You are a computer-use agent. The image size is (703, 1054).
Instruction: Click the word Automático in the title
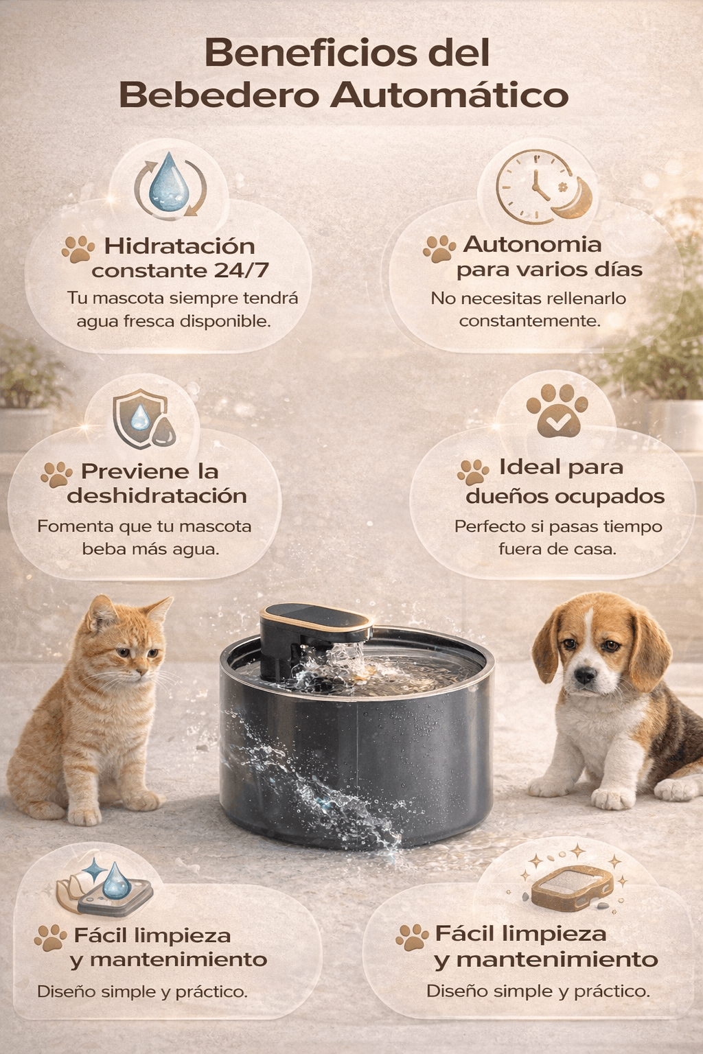[x=449, y=95]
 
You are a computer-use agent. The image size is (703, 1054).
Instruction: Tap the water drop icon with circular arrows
[x=170, y=185]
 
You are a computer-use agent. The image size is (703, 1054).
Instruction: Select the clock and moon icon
[x=543, y=187]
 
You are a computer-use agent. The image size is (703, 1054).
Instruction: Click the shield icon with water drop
[x=143, y=419]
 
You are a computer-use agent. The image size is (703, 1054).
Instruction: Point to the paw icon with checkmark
[x=557, y=410]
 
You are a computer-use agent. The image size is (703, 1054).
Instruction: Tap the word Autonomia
[x=532, y=244]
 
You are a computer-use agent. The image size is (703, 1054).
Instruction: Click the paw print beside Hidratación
[x=78, y=249]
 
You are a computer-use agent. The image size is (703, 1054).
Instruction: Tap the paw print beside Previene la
[x=56, y=474]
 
